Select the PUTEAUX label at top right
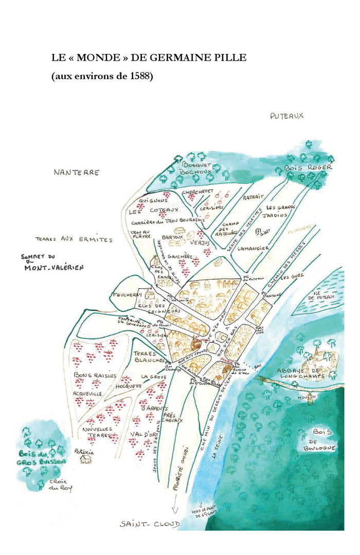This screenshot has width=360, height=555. [x=286, y=116]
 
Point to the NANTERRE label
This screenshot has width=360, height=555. [x=76, y=173]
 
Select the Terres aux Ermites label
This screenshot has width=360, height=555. [x=74, y=239]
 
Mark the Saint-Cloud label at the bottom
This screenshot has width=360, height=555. [x=150, y=524]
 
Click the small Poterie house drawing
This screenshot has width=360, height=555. [x=86, y=459]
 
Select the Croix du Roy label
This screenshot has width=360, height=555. [x=60, y=485]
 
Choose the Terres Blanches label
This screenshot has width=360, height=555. [x=149, y=357]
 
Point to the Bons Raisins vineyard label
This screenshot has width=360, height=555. [x=95, y=376]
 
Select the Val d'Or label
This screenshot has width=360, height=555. [x=140, y=435]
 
